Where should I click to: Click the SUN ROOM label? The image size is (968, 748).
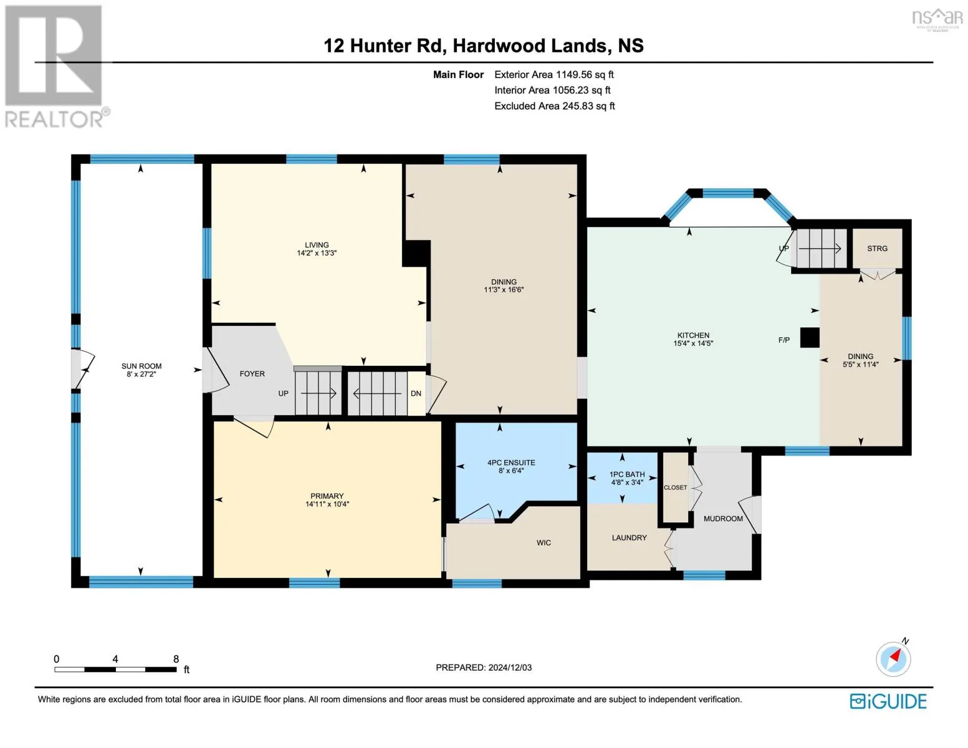pos(141,366)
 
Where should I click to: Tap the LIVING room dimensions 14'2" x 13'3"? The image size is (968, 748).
pos(317,253)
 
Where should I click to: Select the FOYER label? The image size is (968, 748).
pos(252,374)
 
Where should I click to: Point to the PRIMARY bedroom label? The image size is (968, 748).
pos(327,496)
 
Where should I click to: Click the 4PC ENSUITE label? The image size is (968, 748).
pos(511,463)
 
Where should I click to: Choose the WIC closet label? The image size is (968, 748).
pos(544,543)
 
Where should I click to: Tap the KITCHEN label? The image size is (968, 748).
pos(693,335)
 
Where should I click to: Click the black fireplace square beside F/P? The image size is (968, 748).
pos(810,337)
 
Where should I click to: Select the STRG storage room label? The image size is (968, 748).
pos(877,249)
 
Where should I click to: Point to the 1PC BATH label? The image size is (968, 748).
pos(627,474)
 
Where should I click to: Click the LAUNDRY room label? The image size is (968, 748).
pos(629,538)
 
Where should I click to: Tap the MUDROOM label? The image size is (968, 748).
pos(723,519)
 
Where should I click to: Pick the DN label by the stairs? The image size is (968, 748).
pos(416,393)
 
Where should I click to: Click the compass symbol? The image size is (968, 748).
pos(893,659)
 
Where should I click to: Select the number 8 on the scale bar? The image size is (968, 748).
pos(176,659)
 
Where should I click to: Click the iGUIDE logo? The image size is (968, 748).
pos(888,701)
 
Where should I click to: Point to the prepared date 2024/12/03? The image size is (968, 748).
pos(510,668)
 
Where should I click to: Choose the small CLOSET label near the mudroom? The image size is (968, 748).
pos(675,487)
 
